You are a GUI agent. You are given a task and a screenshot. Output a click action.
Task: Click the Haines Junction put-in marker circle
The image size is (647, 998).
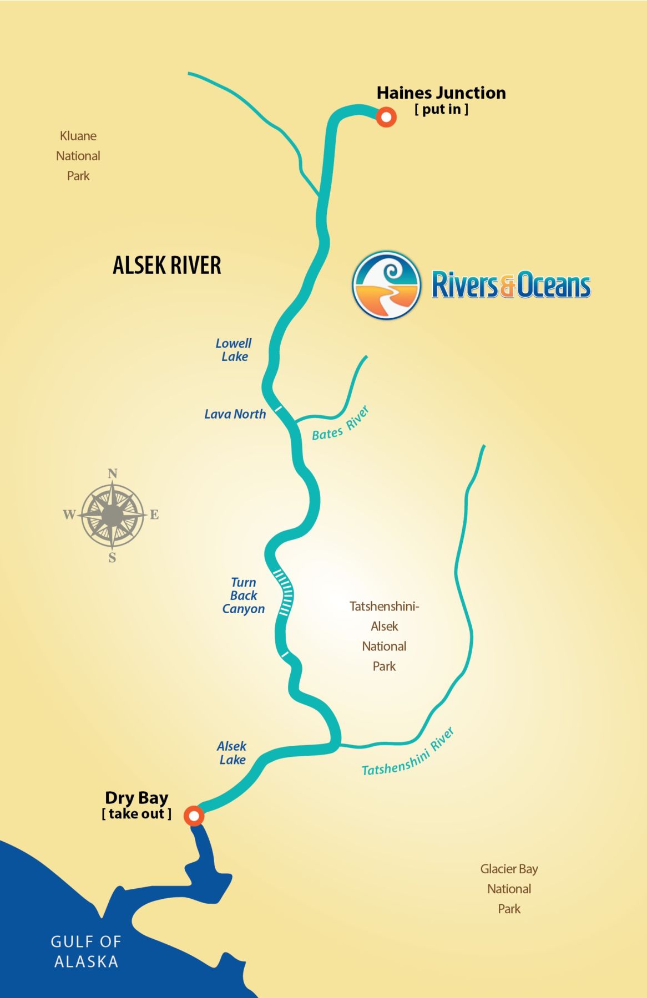pyautogui.click(x=386, y=117)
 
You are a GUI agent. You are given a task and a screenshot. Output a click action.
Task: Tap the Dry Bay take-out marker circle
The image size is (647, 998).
pyautogui.click(x=194, y=816)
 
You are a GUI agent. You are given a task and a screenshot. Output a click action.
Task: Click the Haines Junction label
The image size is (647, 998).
pyautogui.click(x=441, y=93)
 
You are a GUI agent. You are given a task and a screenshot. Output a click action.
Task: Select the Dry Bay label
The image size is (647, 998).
pyautogui.click(x=137, y=798)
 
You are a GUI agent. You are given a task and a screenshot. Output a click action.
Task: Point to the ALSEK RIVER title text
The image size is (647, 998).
pyautogui.click(x=167, y=265)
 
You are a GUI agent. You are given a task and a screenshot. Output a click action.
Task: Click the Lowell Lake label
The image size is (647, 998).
pyautogui.click(x=234, y=350)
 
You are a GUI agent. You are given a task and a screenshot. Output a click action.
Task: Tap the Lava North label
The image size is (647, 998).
pyautogui.click(x=235, y=414)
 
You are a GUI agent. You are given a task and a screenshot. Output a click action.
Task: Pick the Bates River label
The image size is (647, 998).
pyautogui.click(x=340, y=424)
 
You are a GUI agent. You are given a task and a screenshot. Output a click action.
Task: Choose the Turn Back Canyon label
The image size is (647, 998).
pyautogui.click(x=244, y=595)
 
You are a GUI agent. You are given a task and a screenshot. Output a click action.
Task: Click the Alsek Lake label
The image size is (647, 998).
pyautogui.click(x=232, y=753)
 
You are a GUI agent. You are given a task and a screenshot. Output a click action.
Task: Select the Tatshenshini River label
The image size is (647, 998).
pyautogui.click(x=408, y=753)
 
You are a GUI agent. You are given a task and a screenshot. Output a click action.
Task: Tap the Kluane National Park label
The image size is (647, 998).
pyautogui.click(x=78, y=156)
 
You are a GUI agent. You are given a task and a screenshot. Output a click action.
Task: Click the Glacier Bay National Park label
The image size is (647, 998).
pyautogui.click(x=509, y=889)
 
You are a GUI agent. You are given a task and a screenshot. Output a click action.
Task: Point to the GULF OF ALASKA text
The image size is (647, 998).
pyautogui.click(x=86, y=951)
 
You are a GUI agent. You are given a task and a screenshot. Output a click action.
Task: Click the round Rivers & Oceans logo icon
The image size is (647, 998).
pyautogui.click(x=386, y=285)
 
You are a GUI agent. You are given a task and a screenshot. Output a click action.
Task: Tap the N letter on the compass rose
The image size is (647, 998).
pyautogui.click(x=112, y=473)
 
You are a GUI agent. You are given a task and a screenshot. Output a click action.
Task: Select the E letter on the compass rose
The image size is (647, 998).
pyautogui.click(x=154, y=515)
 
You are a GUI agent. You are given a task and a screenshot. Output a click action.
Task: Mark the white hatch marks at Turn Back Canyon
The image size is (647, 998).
pyautogui.click(x=285, y=592)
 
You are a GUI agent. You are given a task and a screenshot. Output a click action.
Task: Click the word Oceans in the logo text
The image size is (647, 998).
pyautogui.click(x=553, y=285)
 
